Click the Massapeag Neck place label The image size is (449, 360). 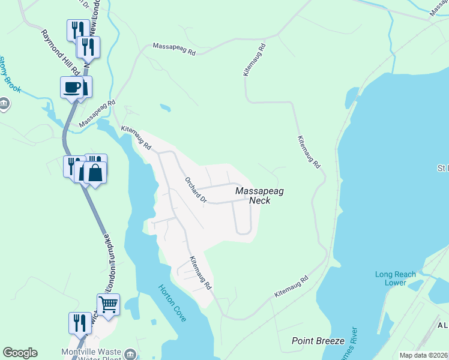[x=259, y=196]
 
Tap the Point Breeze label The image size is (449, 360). [x=318, y=341]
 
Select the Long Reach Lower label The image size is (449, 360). [x=395, y=278]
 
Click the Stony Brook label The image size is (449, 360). [x=10, y=75]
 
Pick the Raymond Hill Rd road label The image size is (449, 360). [x=56, y=47]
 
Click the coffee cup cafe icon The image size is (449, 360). [x=71, y=87]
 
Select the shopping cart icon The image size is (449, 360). [x=108, y=304]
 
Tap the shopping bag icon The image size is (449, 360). [x=95, y=172]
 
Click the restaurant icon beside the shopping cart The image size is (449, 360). [x=79, y=323]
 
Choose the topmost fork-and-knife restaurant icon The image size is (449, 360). [x=78, y=29]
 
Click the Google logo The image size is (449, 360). [x=20, y=353]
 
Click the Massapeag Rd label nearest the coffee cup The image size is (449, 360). [x=96, y=113]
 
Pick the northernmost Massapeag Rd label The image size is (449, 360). [x=174, y=49]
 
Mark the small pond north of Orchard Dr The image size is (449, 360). [x=165, y=109]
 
